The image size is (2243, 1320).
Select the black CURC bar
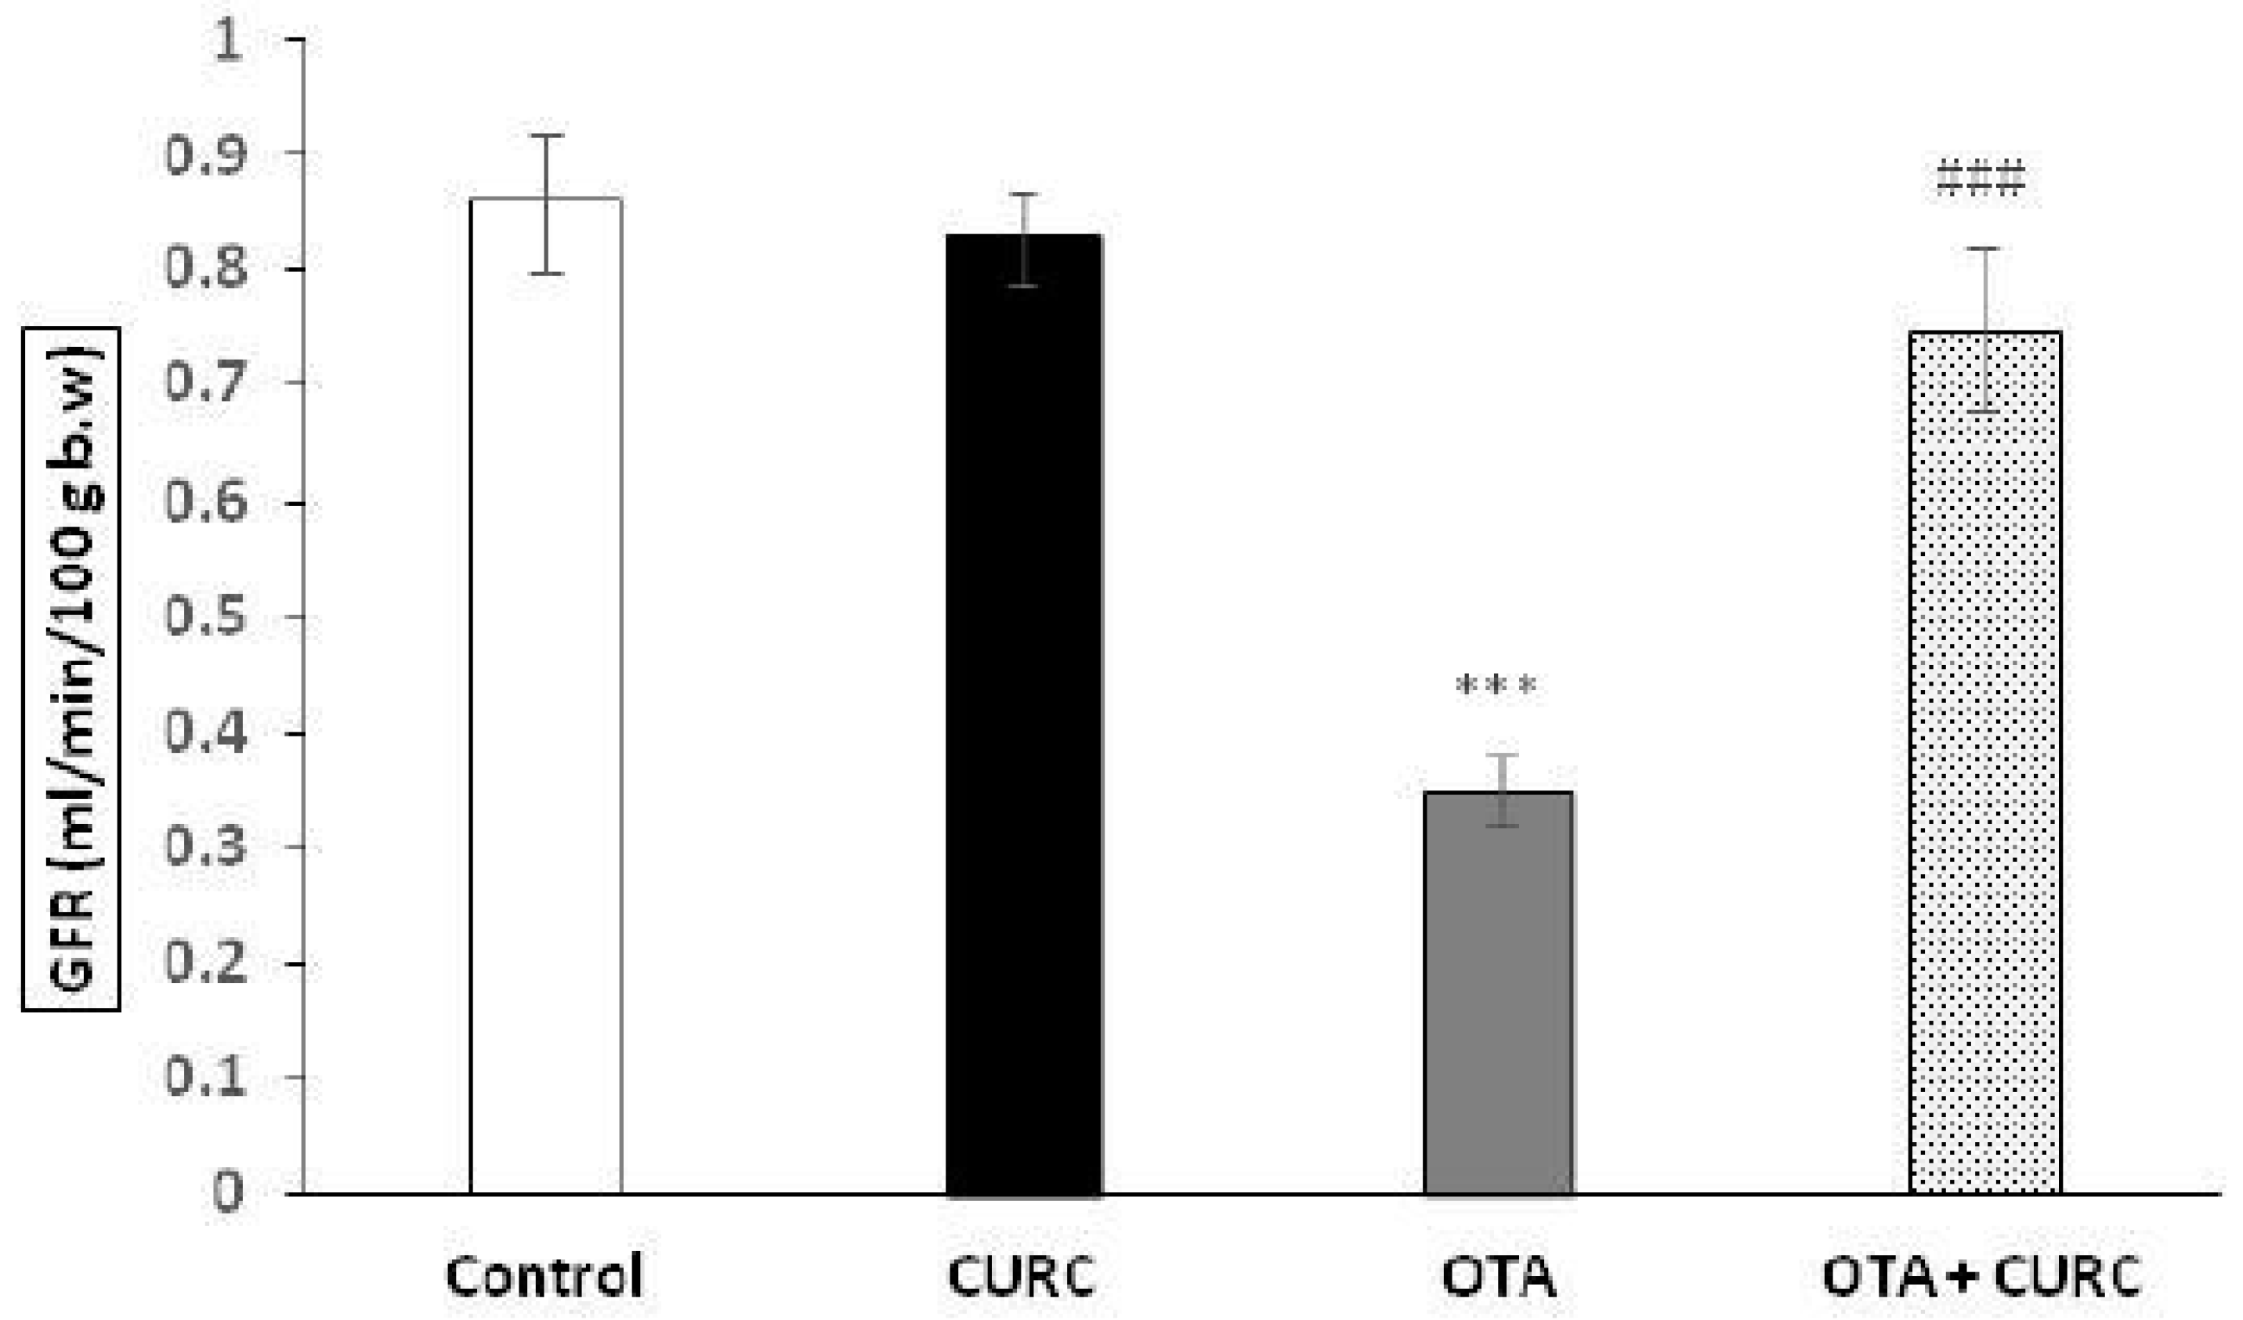1024,712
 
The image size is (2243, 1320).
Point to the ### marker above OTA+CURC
1981,178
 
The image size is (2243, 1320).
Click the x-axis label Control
544,1276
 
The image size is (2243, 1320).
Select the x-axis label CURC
1022,1276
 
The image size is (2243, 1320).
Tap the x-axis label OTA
1499,1276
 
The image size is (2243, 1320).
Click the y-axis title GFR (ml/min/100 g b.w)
71,667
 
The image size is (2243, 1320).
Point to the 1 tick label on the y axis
228,41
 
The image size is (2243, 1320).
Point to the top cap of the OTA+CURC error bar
1984,248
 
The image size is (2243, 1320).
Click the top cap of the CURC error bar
1025,194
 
